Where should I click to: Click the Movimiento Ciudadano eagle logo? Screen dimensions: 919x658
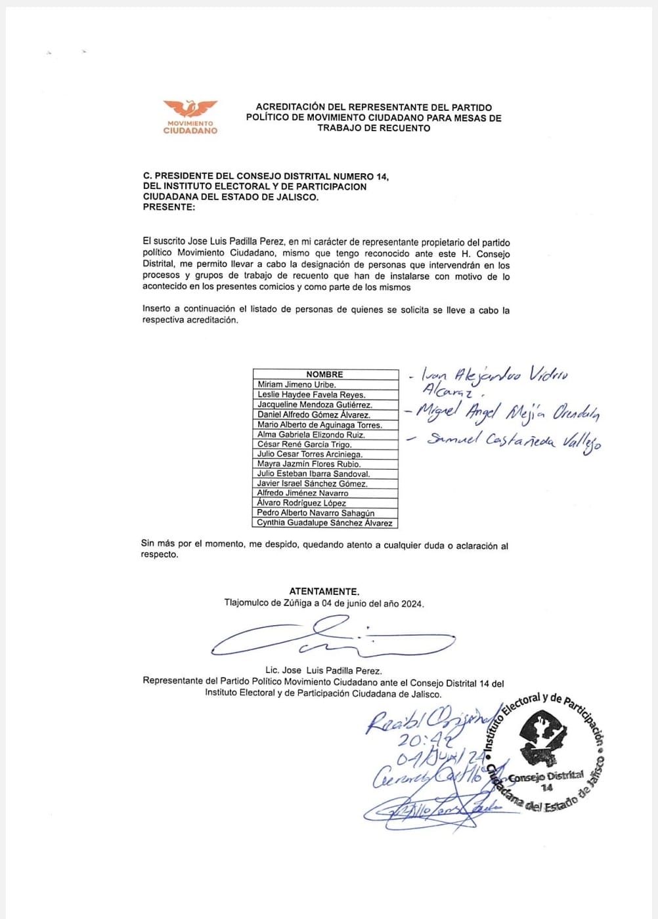pos(190,110)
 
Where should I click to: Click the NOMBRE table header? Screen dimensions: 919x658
pos(324,375)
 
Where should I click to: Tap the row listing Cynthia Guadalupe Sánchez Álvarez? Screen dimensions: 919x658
pos(324,523)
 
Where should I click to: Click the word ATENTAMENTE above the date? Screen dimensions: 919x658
pos(324,591)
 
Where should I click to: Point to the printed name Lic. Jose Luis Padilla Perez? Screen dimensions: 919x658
pos(323,670)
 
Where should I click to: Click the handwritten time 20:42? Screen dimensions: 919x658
pos(425,740)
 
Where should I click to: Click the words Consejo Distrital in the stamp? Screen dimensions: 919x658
pos(546,777)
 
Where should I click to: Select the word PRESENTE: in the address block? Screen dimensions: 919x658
pos(169,207)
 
